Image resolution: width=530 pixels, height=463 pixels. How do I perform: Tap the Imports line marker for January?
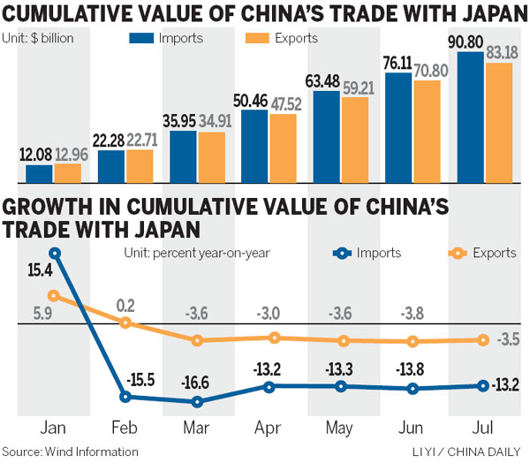pyautogui.click(x=55, y=254)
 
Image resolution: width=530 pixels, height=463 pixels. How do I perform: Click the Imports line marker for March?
pyautogui.click(x=196, y=401)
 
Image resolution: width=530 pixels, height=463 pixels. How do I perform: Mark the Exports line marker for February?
pyautogui.click(x=125, y=323)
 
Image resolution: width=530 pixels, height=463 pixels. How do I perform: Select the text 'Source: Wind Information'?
pyautogui.click(x=71, y=452)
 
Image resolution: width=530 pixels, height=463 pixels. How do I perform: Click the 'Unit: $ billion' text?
pyautogui.click(x=38, y=39)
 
